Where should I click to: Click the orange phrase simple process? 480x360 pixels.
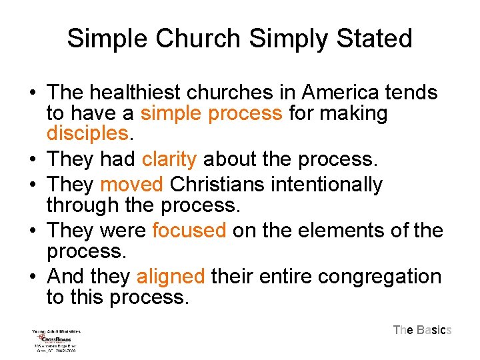211,113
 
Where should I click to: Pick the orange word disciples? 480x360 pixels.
87,133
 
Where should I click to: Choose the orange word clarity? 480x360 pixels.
169,159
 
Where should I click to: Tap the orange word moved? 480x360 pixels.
131,184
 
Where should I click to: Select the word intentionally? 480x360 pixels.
331,184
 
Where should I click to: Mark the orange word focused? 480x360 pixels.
189,231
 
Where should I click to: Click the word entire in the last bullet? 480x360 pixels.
280,276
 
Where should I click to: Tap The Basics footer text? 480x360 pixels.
423,330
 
